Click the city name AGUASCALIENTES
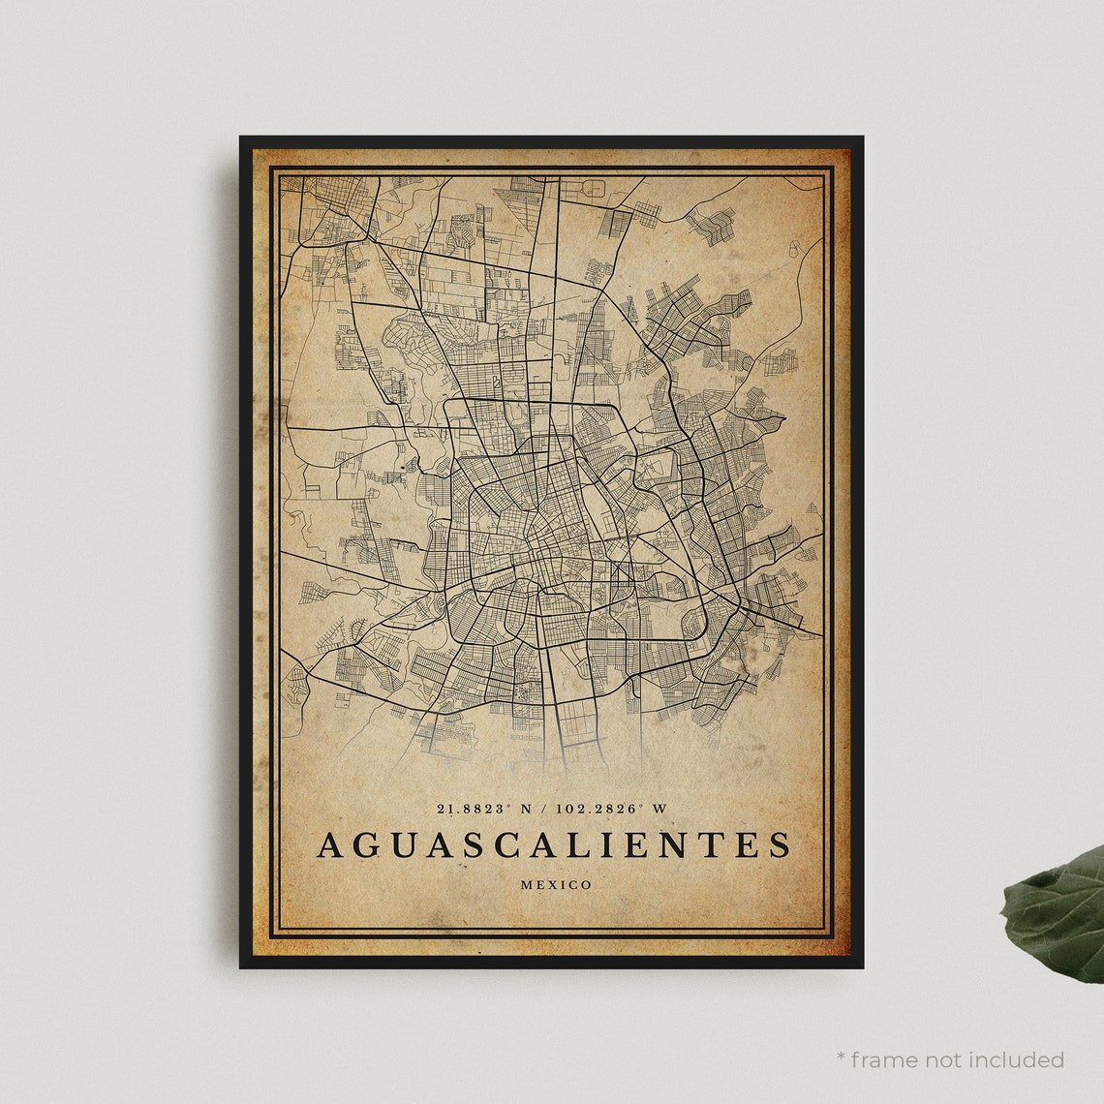553,844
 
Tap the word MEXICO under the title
556,884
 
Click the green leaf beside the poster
1056,915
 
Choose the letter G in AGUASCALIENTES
366,844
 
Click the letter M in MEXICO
526,884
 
